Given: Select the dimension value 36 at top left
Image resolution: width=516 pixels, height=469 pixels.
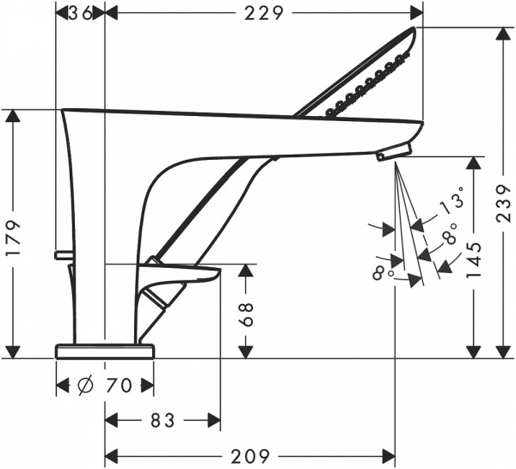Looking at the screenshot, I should tap(80, 12).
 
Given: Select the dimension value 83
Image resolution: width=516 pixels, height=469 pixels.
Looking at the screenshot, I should tap(162, 421).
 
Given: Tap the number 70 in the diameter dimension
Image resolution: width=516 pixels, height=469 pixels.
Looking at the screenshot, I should tap(119, 387).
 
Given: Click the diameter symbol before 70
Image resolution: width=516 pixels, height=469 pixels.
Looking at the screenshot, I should tap(86, 387).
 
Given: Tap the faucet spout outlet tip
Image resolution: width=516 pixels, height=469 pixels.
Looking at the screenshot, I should tap(393, 153).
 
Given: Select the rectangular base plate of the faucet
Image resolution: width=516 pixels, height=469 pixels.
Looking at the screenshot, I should tap(104, 350).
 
